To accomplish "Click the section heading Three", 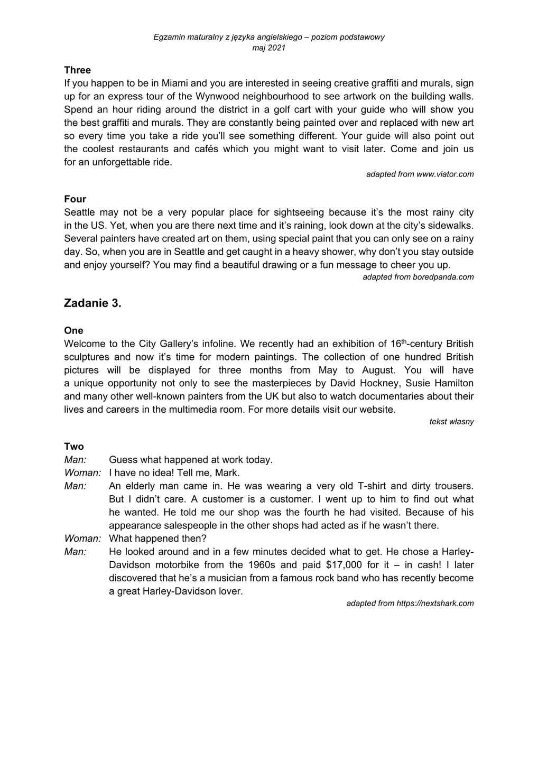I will (77, 70).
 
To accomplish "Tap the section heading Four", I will (75, 199).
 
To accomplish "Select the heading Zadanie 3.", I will (92, 303).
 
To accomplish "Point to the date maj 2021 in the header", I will (269, 48).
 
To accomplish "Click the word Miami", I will (174, 83).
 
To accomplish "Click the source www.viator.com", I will (445, 174).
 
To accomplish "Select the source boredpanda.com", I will (443, 277).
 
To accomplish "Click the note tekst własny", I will (451, 422).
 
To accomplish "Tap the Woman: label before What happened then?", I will (82, 539).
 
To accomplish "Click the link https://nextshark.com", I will (435, 603).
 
